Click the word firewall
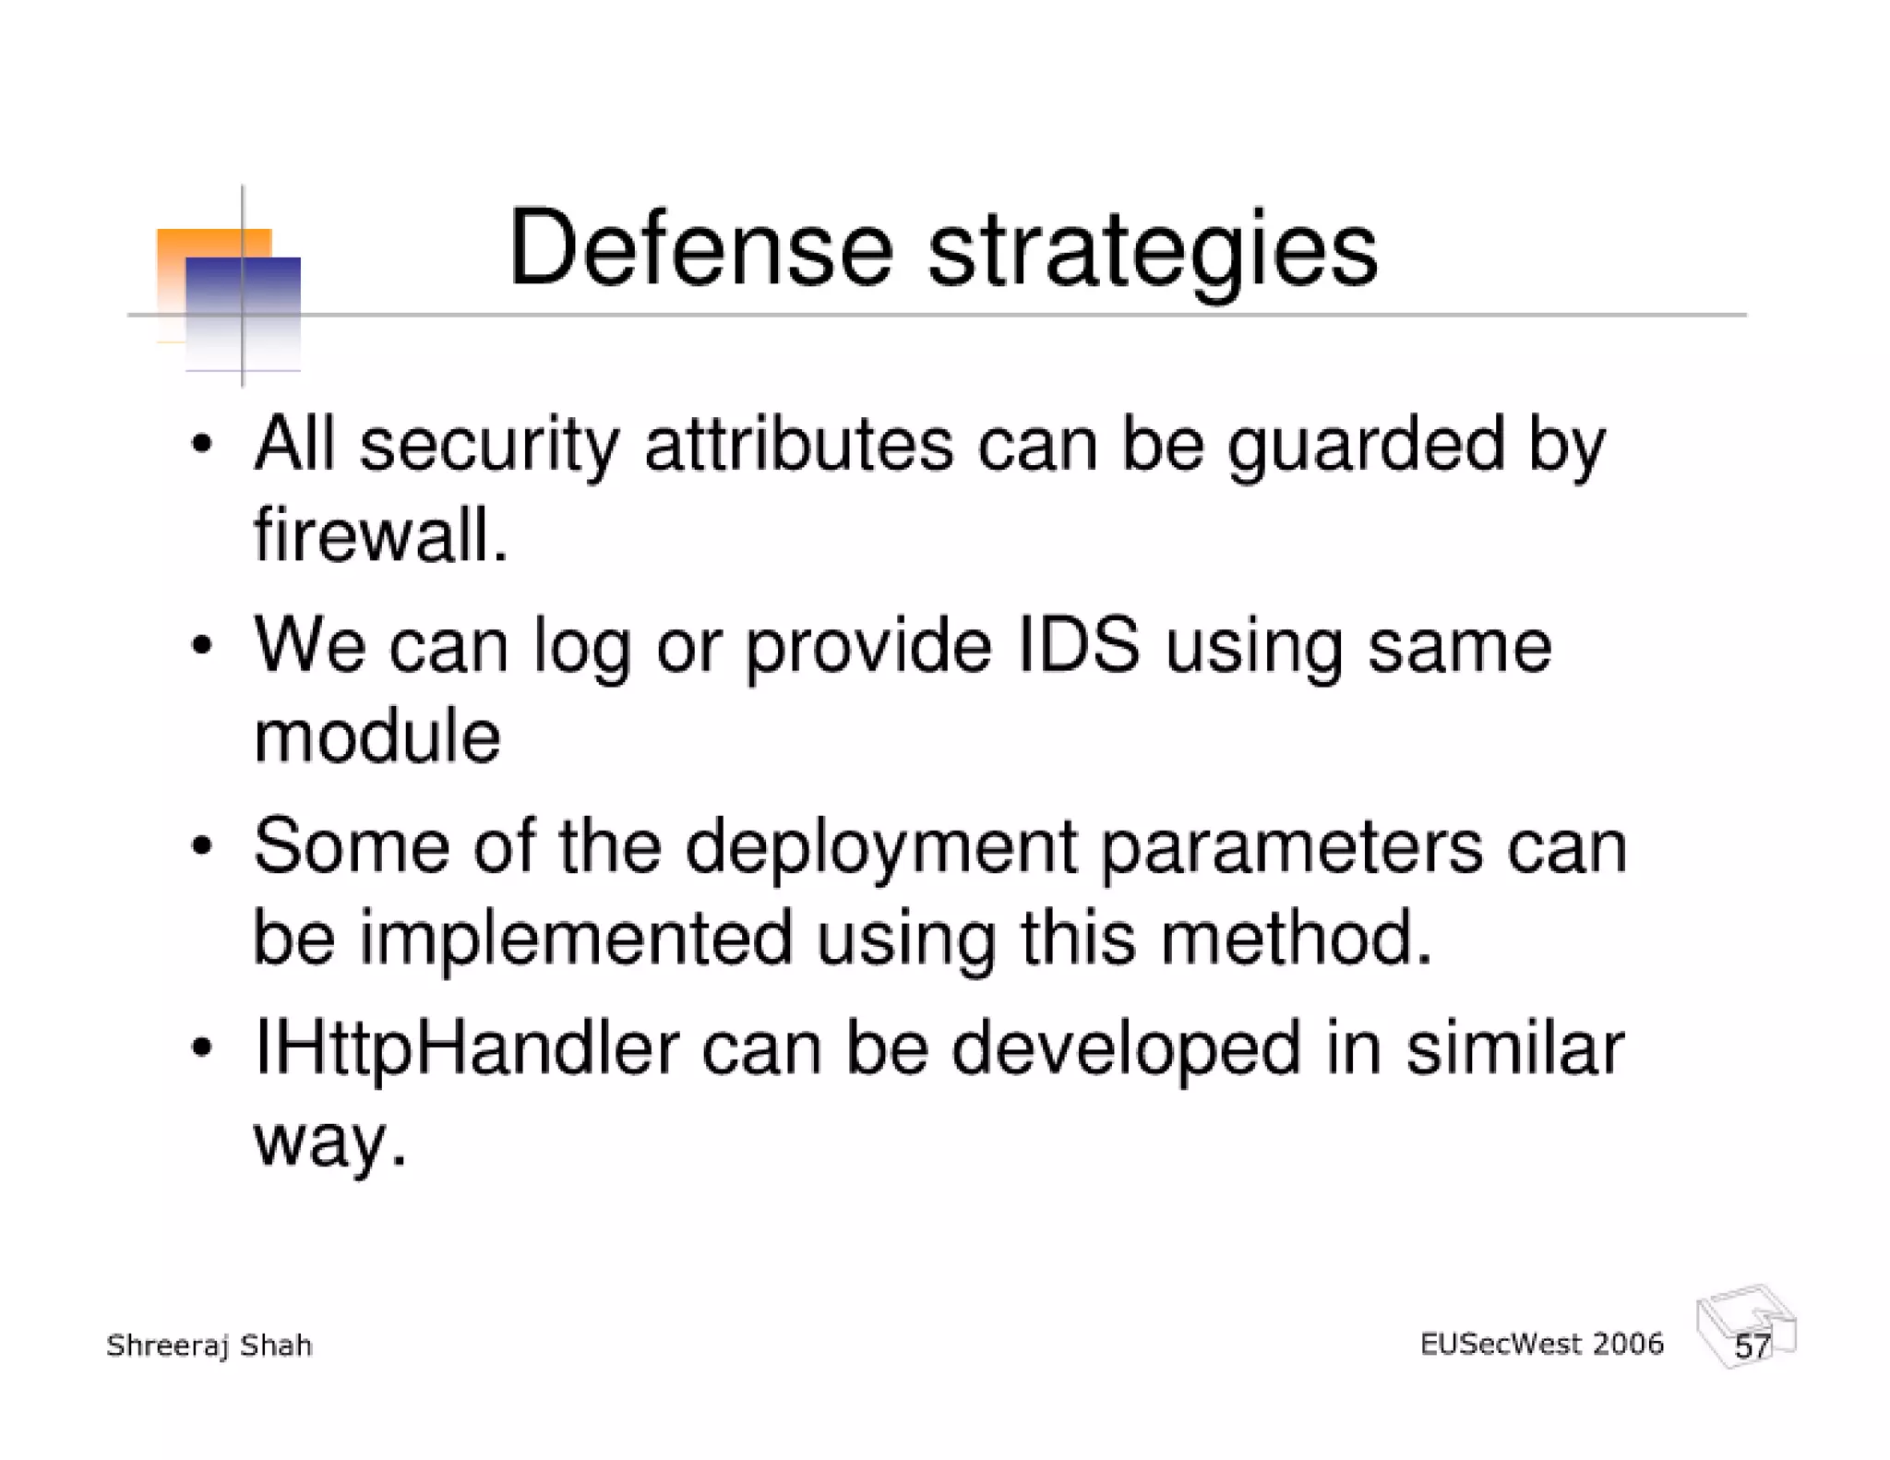point(380,536)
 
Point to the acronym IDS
point(1077,646)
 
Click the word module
point(377,737)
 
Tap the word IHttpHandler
point(465,1050)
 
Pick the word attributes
point(798,446)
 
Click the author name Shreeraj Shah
point(209,1346)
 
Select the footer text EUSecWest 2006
point(1540,1344)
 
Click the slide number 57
point(1751,1346)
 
